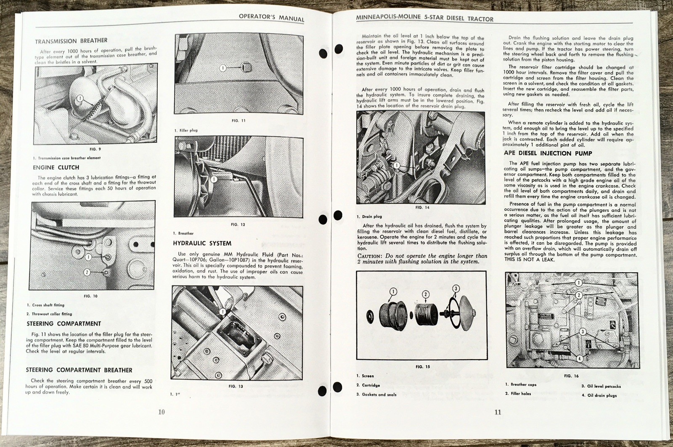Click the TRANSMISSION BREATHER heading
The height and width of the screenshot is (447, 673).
tap(71, 41)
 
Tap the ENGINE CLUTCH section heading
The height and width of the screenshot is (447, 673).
tap(56, 167)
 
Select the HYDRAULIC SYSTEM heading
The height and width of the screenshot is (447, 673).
tap(202, 243)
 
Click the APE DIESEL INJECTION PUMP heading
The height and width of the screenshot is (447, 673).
tap(548, 153)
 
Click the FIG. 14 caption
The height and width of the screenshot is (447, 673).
tap(422, 208)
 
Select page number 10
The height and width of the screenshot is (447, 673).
tap(162, 412)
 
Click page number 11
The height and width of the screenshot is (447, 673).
tap(498, 412)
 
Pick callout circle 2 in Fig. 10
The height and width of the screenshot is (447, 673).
tap(87, 272)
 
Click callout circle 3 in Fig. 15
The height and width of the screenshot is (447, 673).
tap(456, 289)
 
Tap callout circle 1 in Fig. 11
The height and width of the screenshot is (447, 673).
tap(223, 68)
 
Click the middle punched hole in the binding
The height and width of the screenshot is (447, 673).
tap(323, 220)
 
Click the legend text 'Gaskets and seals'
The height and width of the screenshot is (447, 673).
tap(379, 394)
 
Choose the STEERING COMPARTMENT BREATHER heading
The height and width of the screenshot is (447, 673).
tap(79, 370)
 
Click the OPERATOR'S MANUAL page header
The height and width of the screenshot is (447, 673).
tap(271, 18)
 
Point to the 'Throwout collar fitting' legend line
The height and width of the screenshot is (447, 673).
tap(52, 314)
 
